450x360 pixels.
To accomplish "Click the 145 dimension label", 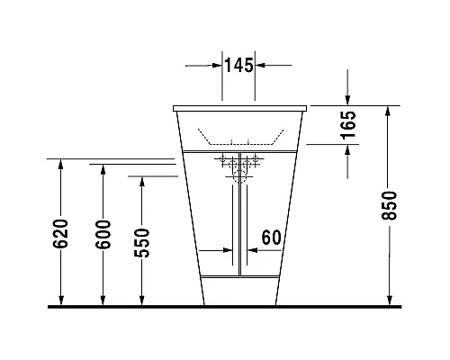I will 238,65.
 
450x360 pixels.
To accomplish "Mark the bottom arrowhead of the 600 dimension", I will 103,301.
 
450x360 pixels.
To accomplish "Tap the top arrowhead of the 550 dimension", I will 141,180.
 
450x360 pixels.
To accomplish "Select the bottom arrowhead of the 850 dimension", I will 389,301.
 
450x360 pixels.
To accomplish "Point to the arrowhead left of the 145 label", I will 216,65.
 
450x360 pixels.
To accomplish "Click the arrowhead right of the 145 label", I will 260,65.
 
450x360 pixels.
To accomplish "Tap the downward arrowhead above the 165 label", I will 348,101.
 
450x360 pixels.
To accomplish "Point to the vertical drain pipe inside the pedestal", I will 238,225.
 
